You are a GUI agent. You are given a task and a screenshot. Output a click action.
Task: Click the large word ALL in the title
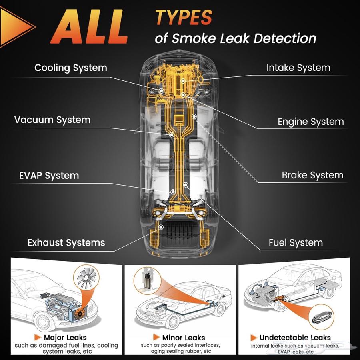pyautogui.click(x=89, y=27)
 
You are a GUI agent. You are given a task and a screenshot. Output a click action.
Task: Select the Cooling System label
pyautogui.click(x=71, y=68)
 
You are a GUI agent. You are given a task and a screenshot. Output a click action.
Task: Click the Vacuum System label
pyautogui.click(x=52, y=120)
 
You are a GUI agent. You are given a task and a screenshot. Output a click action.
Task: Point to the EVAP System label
pyautogui.click(x=49, y=176)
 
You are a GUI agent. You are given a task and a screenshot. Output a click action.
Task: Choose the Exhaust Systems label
pyautogui.click(x=66, y=242)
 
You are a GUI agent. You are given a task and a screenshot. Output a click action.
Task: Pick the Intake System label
pyautogui.click(x=298, y=68)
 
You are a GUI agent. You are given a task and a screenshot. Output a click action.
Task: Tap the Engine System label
pyautogui.click(x=311, y=122)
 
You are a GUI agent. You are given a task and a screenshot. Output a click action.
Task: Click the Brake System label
pyautogui.click(x=312, y=175)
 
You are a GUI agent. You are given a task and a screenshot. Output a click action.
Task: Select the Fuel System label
pyautogui.click(x=296, y=243)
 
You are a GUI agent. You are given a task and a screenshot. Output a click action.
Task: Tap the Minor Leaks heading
pyautogui.click(x=184, y=338)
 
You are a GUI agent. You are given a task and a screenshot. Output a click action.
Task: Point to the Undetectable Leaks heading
pyautogui.click(x=295, y=338)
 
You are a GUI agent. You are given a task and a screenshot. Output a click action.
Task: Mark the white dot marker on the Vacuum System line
pyautogui.click(x=172, y=135)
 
